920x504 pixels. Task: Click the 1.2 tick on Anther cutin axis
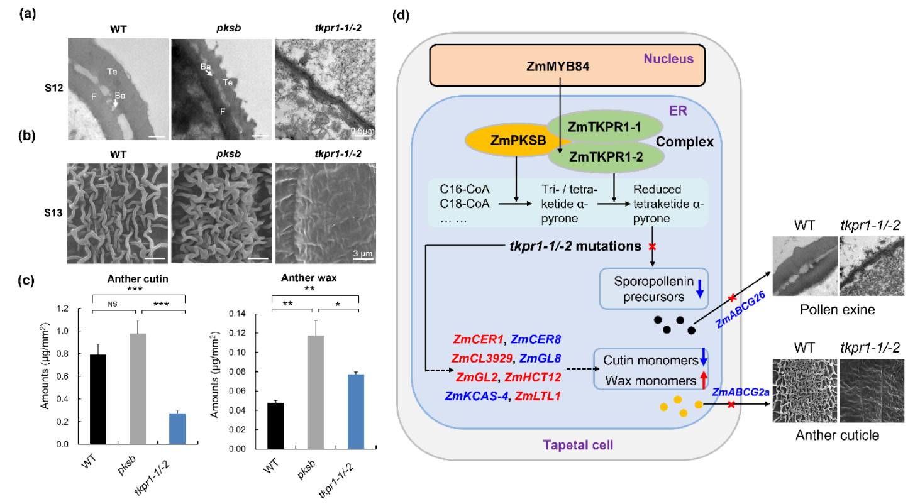click(x=60, y=309)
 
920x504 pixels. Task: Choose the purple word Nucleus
click(x=668, y=59)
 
